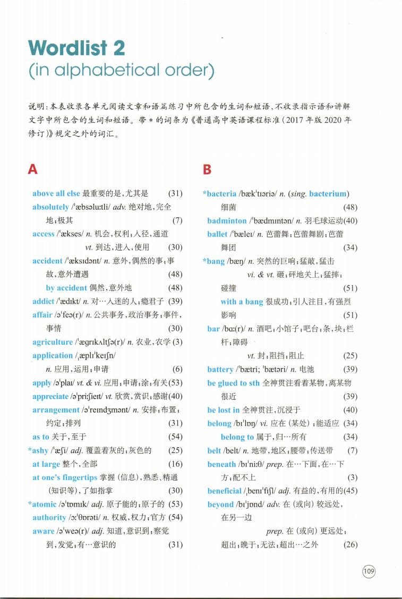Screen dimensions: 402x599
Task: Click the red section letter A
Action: click(33, 169)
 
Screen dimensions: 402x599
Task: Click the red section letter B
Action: click(207, 169)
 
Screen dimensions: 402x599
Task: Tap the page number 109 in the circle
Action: click(369, 571)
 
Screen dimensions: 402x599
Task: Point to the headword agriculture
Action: click(52, 342)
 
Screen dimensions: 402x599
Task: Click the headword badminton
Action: click(227, 220)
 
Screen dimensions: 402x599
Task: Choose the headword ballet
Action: click(217, 234)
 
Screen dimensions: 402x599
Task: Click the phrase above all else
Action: click(56, 193)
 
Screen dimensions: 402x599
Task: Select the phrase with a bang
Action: click(242, 302)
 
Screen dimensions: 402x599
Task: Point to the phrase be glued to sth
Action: click(234, 382)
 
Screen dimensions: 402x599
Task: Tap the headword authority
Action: click(49, 517)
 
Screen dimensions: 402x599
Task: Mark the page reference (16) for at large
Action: click(175, 464)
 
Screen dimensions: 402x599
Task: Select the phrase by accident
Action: click(66, 288)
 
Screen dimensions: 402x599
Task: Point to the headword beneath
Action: click(222, 464)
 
